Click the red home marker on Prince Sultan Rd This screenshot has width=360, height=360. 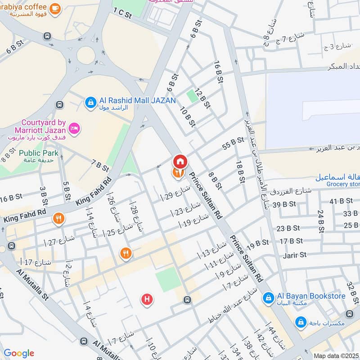pyautogui.click(x=180, y=161)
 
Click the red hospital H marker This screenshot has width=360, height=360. pyautogui.click(x=146, y=299)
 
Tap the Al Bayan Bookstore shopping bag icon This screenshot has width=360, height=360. pyautogui.click(x=268, y=297)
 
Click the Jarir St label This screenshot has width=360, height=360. pyautogui.click(x=295, y=255)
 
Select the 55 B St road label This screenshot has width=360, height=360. pyautogui.click(x=233, y=144)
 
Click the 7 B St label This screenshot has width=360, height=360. pyautogui.click(x=100, y=166)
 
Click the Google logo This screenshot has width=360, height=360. pyautogui.click(x=19, y=353)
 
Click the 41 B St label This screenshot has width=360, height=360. pyautogui.click(x=340, y=201)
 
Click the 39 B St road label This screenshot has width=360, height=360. pyautogui.click(x=284, y=204)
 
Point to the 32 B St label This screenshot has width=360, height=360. pyautogui.click(x=351, y=291)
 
